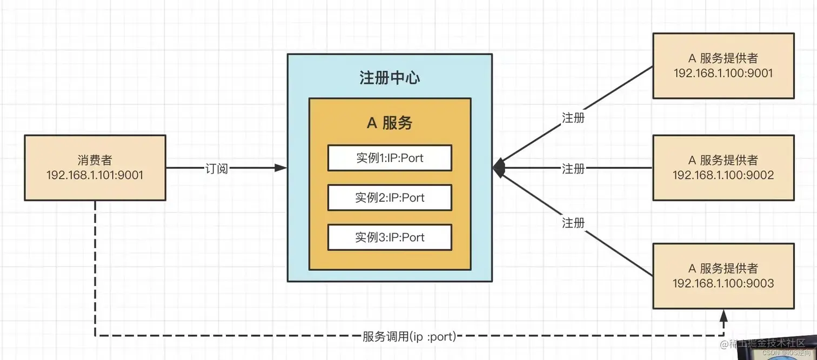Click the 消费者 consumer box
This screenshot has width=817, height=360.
(95, 168)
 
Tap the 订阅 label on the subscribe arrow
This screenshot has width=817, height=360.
(217, 169)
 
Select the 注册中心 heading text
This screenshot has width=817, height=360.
(390, 78)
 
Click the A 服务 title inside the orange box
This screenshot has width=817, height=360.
(390, 123)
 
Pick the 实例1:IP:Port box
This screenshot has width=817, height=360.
(390, 158)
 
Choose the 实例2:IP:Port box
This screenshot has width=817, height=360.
(390, 197)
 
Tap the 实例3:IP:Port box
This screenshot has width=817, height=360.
(390, 237)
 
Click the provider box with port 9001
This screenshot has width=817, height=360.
(723, 65)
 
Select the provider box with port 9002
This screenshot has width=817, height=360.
(723, 168)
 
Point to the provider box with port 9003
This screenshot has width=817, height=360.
(723, 276)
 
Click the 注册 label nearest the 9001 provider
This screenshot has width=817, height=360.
(573, 117)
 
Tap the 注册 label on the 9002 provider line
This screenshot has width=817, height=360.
(573, 169)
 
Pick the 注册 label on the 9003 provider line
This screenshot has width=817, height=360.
(573, 222)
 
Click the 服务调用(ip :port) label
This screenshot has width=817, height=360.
(410, 337)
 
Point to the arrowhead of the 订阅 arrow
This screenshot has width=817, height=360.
(280, 168)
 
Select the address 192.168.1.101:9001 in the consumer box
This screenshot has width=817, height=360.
(95, 175)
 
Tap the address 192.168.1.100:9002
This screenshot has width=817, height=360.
(723, 175)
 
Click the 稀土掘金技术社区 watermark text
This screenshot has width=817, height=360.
(762, 343)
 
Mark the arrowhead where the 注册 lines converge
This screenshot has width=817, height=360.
(499, 168)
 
